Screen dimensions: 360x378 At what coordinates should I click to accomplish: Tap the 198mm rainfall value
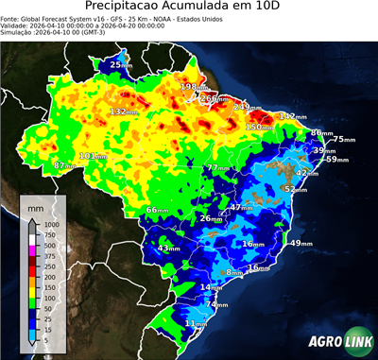pos(191,87)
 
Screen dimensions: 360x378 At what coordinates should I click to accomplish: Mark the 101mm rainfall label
pos(92,156)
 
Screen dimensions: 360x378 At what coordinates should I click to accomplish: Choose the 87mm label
pos(64,165)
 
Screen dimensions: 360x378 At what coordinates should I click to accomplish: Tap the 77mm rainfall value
pos(217,167)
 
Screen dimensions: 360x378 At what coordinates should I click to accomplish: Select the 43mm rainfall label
pos(168,249)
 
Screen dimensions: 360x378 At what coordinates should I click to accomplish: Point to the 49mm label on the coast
pos(300,244)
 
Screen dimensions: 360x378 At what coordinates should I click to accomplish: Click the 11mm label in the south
pos(196,324)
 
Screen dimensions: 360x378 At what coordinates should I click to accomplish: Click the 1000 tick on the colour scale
pos(51,224)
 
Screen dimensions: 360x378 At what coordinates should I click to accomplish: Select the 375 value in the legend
pos(51,255)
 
